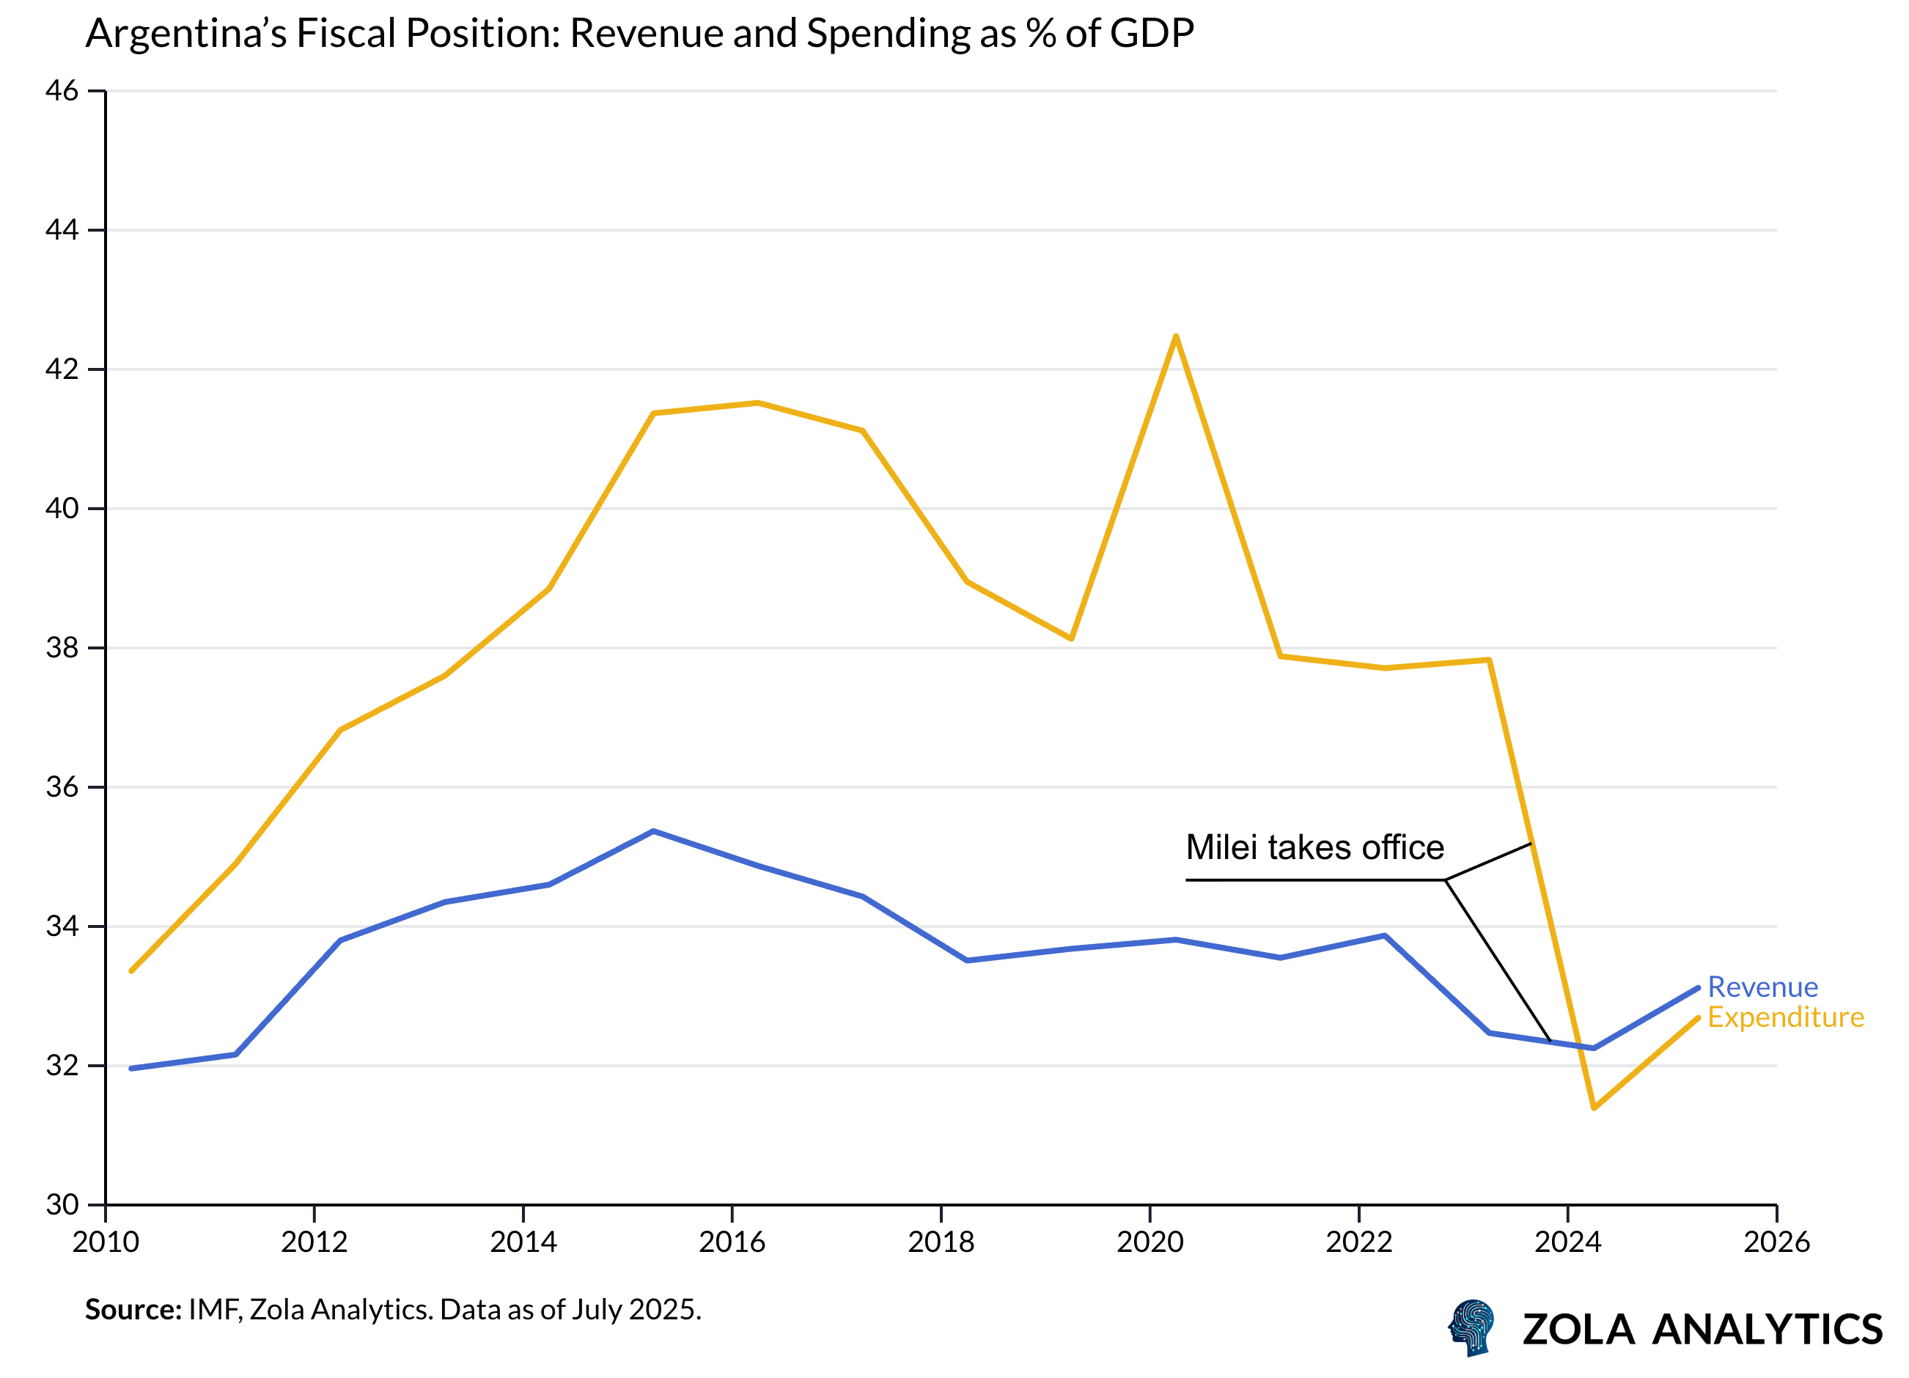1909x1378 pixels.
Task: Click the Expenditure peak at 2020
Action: click(x=1176, y=336)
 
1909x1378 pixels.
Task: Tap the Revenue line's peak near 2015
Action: click(x=653, y=832)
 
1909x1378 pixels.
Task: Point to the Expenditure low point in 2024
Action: click(x=1594, y=1108)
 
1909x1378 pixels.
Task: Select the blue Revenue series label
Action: click(x=1762, y=987)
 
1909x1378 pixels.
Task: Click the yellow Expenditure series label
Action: click(x=1785, y=1017)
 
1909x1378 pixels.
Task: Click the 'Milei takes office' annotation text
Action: click(x=1314, y=847)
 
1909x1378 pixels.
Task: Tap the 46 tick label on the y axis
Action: click(x=62, y=91)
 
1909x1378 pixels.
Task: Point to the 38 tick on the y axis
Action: click(x=62, y=648)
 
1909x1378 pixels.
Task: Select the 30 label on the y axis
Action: click(x=62, y=1204)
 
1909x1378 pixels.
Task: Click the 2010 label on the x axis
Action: click(x=106, y=1242)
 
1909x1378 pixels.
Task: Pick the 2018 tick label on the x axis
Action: click(x=941, y=1242)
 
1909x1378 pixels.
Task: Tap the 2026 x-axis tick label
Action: click(x=1776, y=1242)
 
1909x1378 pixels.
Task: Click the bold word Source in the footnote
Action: click(x=132, y=1310)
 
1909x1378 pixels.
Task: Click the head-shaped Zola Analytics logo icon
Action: click(x=1471, y=1327)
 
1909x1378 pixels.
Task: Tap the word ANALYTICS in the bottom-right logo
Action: click(x=1767, y=1330)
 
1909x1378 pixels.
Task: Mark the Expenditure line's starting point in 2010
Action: click(x=131, y=970)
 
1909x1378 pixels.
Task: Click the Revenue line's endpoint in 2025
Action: click(x=1698, y=988)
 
